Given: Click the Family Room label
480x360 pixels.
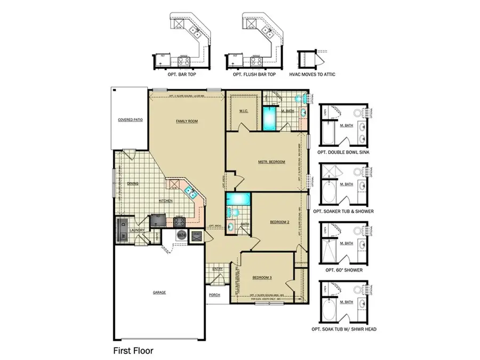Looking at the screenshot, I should tap(187, 122).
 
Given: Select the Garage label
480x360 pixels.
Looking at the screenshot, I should tap(159, 292).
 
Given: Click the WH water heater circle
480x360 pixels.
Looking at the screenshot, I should tap(181, 235).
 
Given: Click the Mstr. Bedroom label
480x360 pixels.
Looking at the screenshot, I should tap(271, 162).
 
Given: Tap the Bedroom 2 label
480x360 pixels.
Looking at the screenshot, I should tap(279, 222).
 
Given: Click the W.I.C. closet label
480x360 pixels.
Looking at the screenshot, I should tap(243, 111).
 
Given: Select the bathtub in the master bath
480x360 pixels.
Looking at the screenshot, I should tap(270, 118).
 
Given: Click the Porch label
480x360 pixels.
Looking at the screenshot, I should tap(214, 295).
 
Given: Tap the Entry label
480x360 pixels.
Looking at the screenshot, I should tap(218, 269).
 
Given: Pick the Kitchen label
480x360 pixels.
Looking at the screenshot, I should tap(165, 201).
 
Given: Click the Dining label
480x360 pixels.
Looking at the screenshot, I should tap(132, 183).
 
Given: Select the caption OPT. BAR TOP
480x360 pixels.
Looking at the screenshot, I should tap(182, 75).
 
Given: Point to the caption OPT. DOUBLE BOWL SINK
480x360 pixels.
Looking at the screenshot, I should tap(344, 152).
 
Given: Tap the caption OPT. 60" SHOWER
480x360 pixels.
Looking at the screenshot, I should tap(344, 270).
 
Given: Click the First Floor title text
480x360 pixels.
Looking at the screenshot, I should tap(133, 351).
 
